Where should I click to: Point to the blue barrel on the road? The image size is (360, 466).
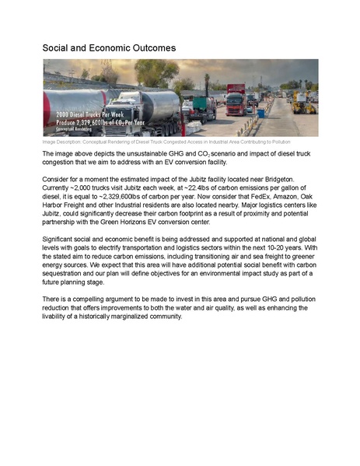[x=261, y=113]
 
